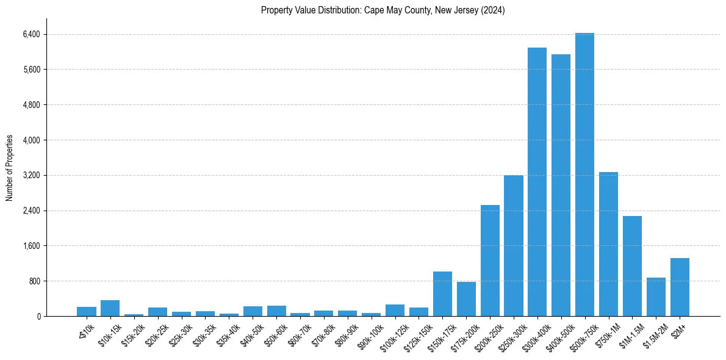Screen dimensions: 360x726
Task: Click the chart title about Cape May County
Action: click(x=383, y=10)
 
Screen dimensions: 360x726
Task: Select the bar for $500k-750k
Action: click(x=584, y=175)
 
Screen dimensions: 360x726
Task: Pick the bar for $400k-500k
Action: click(x=561, y=185)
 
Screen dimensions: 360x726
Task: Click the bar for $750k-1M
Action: click(x=608, y=244)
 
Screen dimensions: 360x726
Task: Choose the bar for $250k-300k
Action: click(x=514, y=246)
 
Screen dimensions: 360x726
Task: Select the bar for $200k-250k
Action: click(x=490, y=261)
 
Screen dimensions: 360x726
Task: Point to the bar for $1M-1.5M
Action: click(x=632, y=266)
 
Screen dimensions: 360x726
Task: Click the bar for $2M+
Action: click(x=680, y=287)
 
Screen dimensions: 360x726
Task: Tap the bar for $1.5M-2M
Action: click(x=656, y=297)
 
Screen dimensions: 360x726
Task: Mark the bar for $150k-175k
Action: click(x=442, y=294)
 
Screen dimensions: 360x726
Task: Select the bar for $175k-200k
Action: click(x=466, y=299)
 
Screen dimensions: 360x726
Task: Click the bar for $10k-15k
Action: click(x=110, y=308)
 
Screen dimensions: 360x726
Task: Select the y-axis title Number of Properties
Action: click(x=10, y=168)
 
